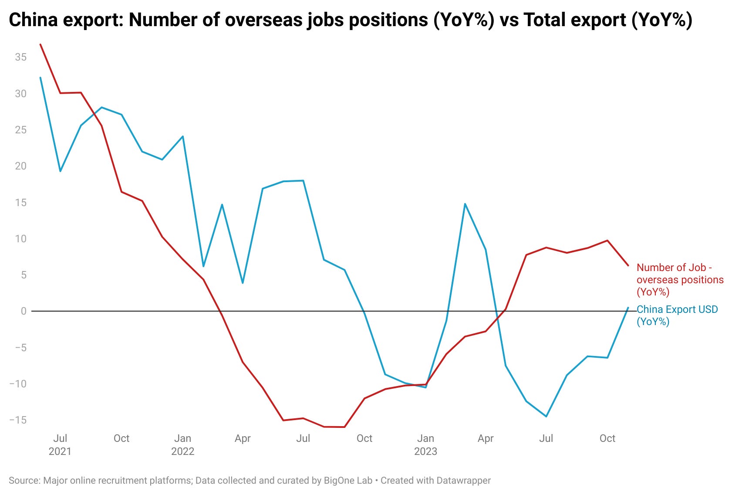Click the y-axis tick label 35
point(20,57)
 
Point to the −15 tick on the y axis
point(18,420)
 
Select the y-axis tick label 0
point(24,311)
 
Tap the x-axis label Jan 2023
point(425,444)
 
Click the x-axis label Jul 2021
point(60,444)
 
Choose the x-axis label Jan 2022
point(182,444)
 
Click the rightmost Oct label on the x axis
point(607,438)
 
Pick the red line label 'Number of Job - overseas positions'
point(679,280)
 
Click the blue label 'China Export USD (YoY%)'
point(677,315)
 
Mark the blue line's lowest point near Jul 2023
point(546,417)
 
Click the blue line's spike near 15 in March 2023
point(465,203)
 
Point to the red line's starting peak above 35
point(40,44)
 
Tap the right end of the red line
point(628,265)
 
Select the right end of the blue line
point(628,308)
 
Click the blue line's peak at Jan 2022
point(183,136)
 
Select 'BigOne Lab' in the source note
point(348,480)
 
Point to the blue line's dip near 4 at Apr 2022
point(243,283)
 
